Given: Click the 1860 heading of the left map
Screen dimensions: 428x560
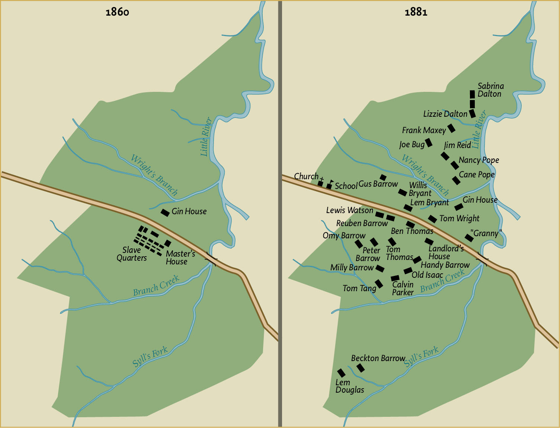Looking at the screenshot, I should [117, 12].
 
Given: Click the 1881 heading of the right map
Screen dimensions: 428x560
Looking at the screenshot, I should [416, 12].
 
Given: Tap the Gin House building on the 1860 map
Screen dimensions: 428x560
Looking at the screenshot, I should [165, 212].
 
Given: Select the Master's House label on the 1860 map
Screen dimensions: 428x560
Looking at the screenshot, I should [180, 257].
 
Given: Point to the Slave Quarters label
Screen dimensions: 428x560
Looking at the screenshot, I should [131, 254].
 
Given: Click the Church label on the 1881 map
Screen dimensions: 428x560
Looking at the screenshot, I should [306, 176].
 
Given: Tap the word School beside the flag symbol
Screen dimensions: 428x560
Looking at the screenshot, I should [346, 186].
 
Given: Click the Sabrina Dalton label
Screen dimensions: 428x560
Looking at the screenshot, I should [490, 90].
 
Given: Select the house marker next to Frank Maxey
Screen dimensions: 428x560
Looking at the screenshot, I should [451, 128].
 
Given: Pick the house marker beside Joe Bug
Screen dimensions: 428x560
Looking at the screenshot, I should [429, 142].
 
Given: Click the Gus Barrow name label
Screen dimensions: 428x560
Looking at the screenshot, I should [378, 184].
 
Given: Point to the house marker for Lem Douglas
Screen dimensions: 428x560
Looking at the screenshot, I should [341, 373].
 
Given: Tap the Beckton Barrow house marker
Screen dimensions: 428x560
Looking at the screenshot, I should [361, 368].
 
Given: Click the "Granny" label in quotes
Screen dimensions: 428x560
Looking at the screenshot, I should [486, 233].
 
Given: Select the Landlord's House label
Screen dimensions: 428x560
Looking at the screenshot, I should [446, 252].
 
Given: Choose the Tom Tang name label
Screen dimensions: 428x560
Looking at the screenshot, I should [359, 288].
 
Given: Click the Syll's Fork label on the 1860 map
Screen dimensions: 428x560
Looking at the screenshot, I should [150, 357].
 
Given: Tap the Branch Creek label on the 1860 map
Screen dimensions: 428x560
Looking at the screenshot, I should [156, 286].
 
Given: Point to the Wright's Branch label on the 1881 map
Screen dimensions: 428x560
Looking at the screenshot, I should [426, 175].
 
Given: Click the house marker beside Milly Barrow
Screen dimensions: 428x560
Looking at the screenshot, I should [380, 268].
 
